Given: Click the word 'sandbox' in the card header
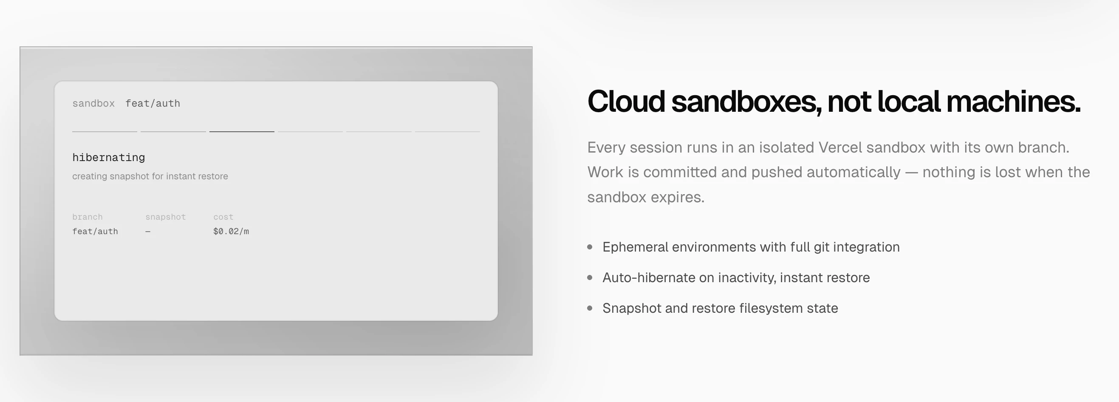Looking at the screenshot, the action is pos(93,103).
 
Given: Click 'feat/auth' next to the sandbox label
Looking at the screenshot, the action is pos(153,103).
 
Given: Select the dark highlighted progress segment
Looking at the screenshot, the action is pos(242,131).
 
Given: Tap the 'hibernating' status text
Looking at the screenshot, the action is pos(109,157).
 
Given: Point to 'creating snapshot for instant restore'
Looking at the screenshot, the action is pos(150,176).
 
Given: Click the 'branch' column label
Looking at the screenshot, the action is pos(88,217).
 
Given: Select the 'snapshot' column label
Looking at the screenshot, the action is pos(166,217).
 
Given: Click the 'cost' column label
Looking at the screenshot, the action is pos(223,217).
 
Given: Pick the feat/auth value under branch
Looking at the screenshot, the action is pos(95,231).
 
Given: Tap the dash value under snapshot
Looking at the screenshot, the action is pos(148,232).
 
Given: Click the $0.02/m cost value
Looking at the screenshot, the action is pos(231,231).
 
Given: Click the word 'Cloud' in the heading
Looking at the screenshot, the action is pos(626,101).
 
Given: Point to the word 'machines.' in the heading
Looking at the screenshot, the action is pos(1014,101).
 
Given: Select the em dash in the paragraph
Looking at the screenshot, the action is pos(911,173).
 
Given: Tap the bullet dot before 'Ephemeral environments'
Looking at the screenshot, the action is pos(590,247).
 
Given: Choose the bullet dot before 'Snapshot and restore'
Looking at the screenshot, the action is pos(590,308).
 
